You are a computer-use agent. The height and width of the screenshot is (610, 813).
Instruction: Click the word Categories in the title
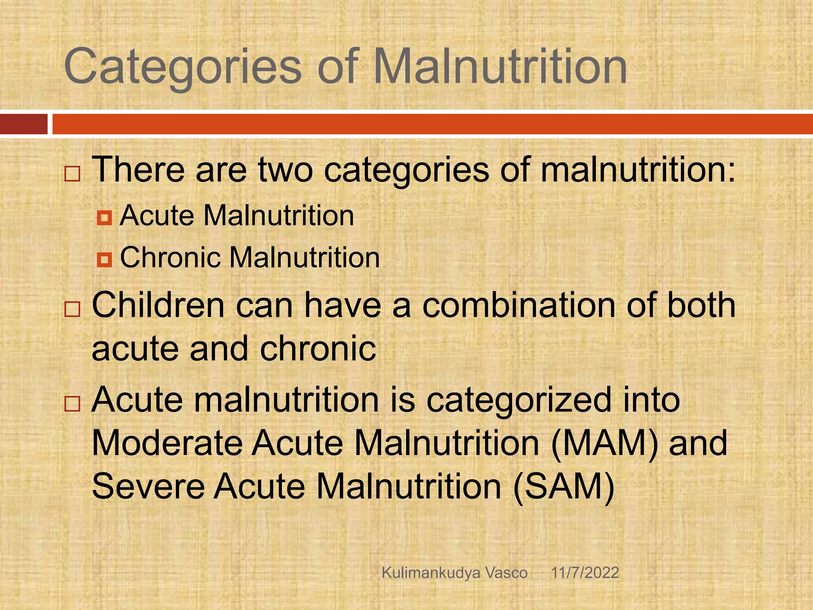(183, 67)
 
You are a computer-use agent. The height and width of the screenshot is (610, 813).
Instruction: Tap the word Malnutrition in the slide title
(500, 67)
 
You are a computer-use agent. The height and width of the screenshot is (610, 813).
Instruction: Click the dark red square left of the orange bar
(23, 124)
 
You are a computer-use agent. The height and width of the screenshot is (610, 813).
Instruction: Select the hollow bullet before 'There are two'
(72, 174)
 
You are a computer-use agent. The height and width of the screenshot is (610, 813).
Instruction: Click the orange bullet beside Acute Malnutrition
(104, 218)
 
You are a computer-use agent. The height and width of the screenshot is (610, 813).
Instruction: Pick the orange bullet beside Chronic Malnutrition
(104, 260)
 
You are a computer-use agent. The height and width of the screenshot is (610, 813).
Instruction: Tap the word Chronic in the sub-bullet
(170, 257)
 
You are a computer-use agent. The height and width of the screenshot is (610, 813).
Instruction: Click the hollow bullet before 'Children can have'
(72, 309)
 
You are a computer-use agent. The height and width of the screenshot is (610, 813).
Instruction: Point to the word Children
(158, 305)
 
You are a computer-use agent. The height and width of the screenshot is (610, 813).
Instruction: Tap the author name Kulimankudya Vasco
(455, 573)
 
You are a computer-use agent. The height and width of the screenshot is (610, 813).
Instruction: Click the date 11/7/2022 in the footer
(585, 573)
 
